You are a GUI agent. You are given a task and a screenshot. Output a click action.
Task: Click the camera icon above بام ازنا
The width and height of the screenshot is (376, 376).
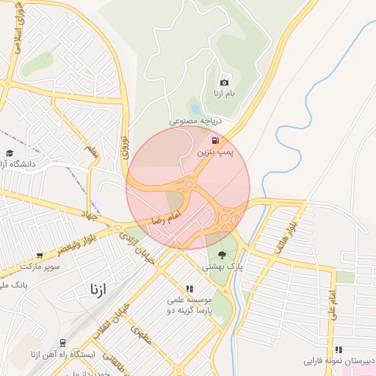[224, 82]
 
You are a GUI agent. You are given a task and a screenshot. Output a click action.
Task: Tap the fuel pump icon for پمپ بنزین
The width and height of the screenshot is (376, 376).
[214, 140]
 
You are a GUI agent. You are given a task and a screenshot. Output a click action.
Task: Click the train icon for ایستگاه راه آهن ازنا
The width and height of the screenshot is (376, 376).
[63, 342]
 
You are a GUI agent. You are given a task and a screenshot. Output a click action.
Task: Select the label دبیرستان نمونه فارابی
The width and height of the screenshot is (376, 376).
[340, 362]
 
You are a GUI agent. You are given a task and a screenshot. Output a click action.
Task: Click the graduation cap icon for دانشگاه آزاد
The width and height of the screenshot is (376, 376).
[10, 153]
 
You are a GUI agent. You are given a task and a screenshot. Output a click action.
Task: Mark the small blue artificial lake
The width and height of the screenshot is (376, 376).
[194, 106]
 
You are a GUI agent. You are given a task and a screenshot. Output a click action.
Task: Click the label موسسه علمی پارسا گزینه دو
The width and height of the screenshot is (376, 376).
[190, 304]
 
